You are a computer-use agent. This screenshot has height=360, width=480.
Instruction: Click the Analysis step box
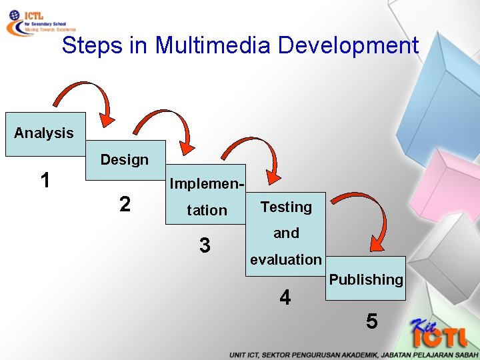pyautogui.click(x=44, y=133)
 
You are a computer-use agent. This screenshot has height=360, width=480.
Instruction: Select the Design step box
pyautogui.click(x=125, y=160)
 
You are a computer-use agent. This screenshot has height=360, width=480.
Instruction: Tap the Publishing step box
pyautogui.click(x=366, y=279)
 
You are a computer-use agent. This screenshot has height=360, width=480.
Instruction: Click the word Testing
pyautogui.click(x=286, y=207)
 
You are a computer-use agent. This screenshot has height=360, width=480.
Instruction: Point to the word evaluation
pyautogui.click(x=285, y=259)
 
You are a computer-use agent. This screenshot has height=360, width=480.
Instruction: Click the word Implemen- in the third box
pyautogui.click(x=207, y=183)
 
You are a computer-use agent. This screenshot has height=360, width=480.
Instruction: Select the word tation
pyautogui.click(x=207, y=211)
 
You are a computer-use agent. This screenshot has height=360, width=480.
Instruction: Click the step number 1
pyautogui.click(x=45, y=180)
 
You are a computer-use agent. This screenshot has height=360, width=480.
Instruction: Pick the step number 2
pyautogui.click(x=125, y=204)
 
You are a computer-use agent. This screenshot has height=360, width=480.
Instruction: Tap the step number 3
pyautogui.click(x=205, y=245)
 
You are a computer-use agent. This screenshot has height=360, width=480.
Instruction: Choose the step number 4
pyautogui.click(x=285, y=297)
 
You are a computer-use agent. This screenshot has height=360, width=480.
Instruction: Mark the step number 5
pyautogui.click(x=372, y=321)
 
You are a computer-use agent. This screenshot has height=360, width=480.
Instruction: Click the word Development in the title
pyautogui.click(x=348, y=45)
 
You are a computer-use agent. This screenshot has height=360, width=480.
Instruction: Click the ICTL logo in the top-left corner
pyautogui.click(x=40, y=21)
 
